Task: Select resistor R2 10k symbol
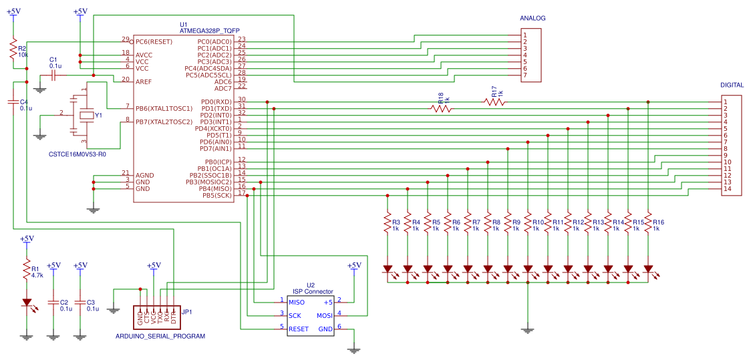click(x=13, y=50)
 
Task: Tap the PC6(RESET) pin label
click(x=154, y=41)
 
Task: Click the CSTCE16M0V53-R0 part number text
click(x=78, y=154)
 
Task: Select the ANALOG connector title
click(x=533, y=18)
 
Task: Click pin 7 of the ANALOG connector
click(x=526, y=75)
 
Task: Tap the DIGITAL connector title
click(x=732, y=85)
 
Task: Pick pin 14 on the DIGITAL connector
click(x=726, y=189)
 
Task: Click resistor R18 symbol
click(x=440, y=108)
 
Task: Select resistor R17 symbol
click(x=494, y=102)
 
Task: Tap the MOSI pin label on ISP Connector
click(x=324, y=315)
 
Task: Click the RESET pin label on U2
click(x=299, y=329)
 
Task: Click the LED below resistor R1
click(x=27, y=303)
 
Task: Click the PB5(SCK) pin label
click(x=217, y=195)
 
